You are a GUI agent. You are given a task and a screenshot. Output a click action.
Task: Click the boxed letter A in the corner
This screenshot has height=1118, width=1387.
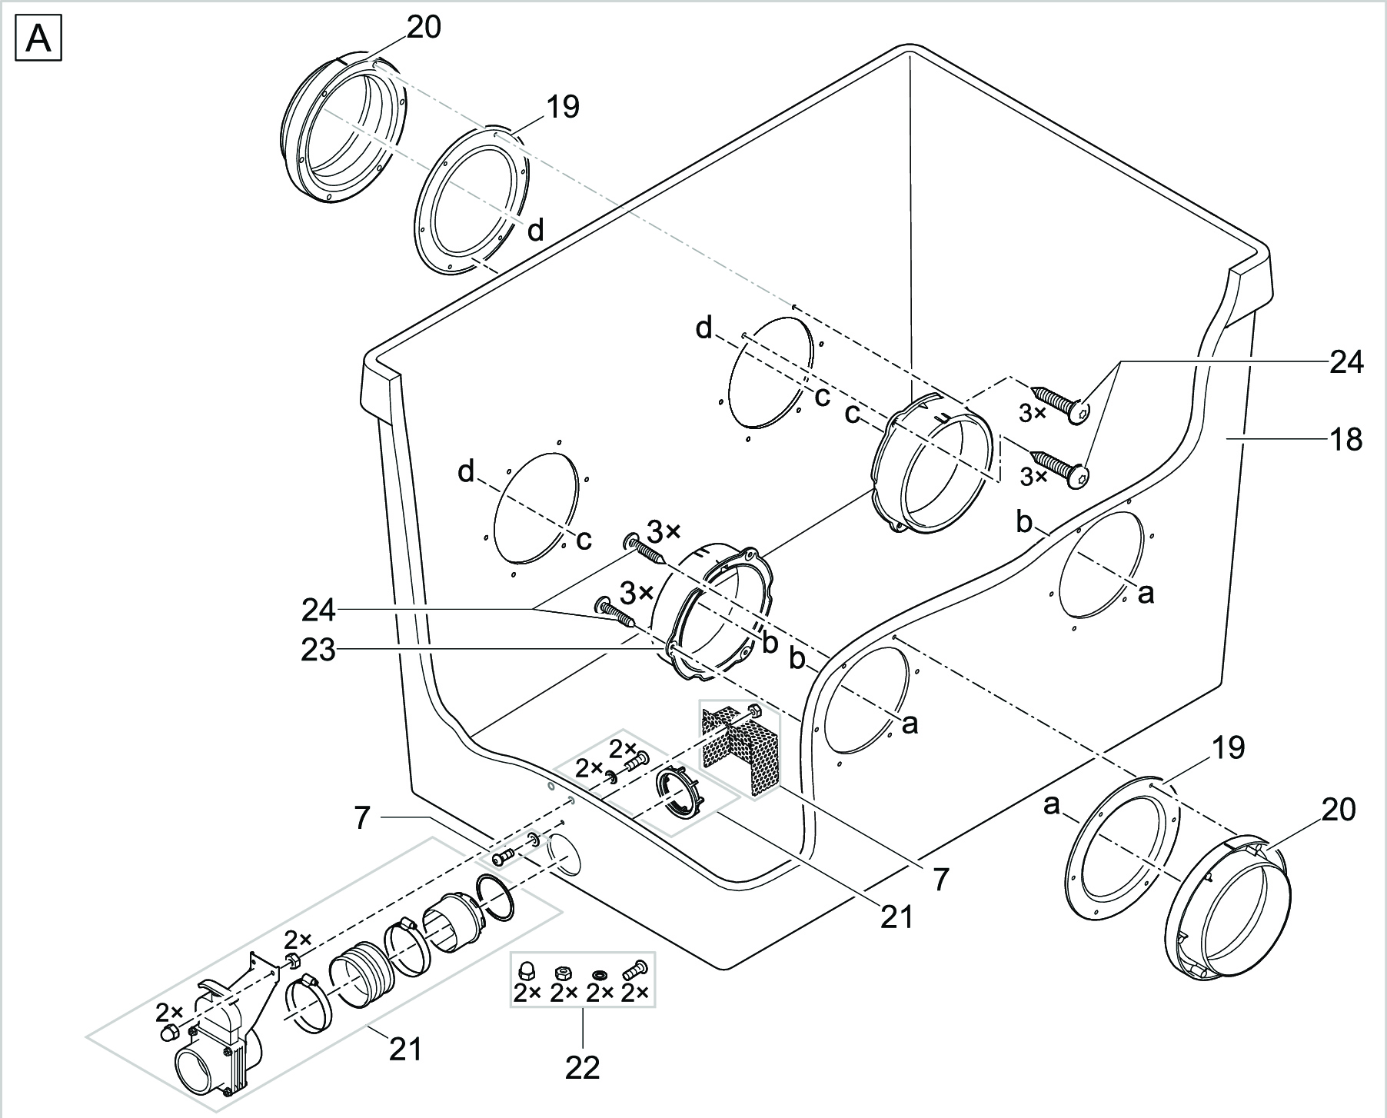pyautogui.click(x=38, y=40)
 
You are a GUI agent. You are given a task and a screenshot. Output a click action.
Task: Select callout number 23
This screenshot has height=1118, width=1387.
pyautogui.click(x=318, y=651)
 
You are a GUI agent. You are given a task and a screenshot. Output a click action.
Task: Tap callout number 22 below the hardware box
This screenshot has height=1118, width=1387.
pyautogui.click(x=582, y=1067)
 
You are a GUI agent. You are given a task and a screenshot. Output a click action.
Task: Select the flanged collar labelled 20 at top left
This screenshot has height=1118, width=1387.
pyautogui.click(x=346, y=131)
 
